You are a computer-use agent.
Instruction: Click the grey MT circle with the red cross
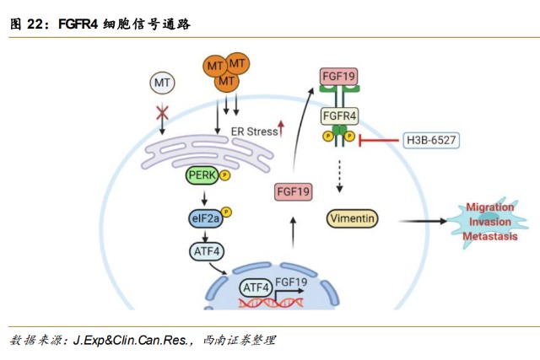coord(162,82)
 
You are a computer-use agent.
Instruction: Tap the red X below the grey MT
coord(162,113)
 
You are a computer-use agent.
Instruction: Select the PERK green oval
coord(202,175)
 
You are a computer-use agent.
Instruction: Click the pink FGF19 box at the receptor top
coord(339,77)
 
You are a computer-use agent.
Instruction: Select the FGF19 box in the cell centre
coord(294,192)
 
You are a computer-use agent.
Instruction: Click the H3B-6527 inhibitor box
coord(430,141)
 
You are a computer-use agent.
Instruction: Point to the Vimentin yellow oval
coord(352,218)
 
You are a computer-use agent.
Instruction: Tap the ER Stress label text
coord(252,132)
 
